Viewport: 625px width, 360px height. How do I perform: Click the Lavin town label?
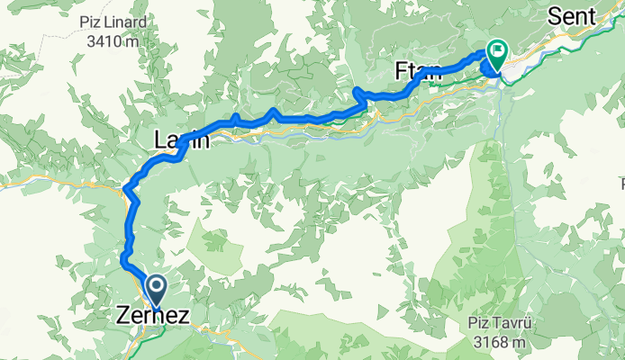182,140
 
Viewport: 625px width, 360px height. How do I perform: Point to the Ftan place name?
419,71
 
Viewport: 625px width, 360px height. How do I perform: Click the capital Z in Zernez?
124,317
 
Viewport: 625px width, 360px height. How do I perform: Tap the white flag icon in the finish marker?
496,49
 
